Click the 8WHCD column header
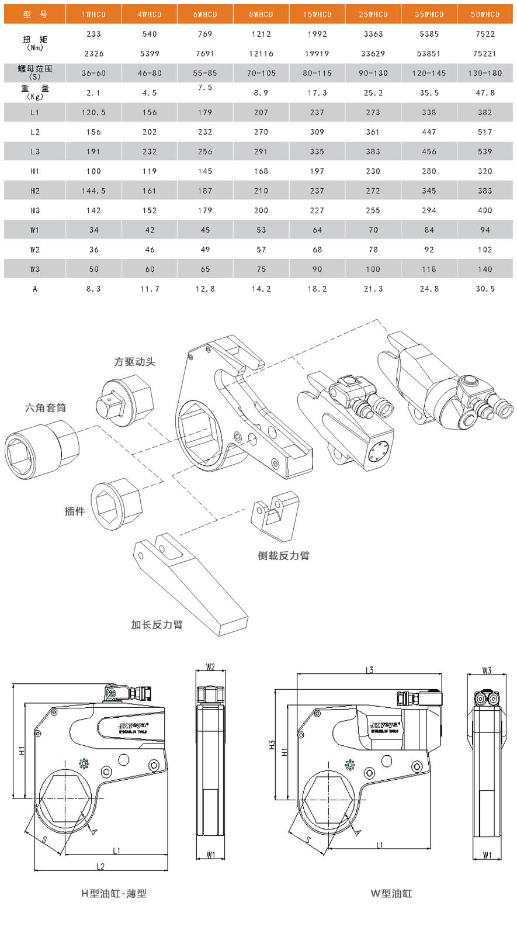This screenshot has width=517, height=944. [x=261, y=14]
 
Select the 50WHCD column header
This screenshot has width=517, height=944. [x=485, y=14]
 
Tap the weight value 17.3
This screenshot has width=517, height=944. [x=317, y=93]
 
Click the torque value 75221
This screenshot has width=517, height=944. [x=485, y=54]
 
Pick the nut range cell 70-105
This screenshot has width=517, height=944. [x=261, y=74]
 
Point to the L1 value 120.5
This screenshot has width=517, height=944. [x=93, y=113]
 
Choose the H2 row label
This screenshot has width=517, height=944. [x=35, y=191]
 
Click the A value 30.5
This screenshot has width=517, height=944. [x=485, y=289]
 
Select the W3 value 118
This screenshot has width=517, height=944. [x=429, y=269]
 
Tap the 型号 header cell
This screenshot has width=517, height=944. [x=35, y=14]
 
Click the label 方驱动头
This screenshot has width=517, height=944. [x=135, y=362]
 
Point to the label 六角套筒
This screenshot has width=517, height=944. [x=46, y=408]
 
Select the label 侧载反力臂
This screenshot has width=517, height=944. [x=284, y=556]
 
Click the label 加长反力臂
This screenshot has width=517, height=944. [x=157, y=625]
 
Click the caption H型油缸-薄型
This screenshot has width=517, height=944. [x=114, y=894]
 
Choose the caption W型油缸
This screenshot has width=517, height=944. [x=391, y=894]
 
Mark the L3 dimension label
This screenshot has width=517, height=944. [x=369, y=670]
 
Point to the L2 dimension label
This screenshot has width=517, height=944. [x=100, y=866]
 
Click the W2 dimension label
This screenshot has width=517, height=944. [x=211, y=667]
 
